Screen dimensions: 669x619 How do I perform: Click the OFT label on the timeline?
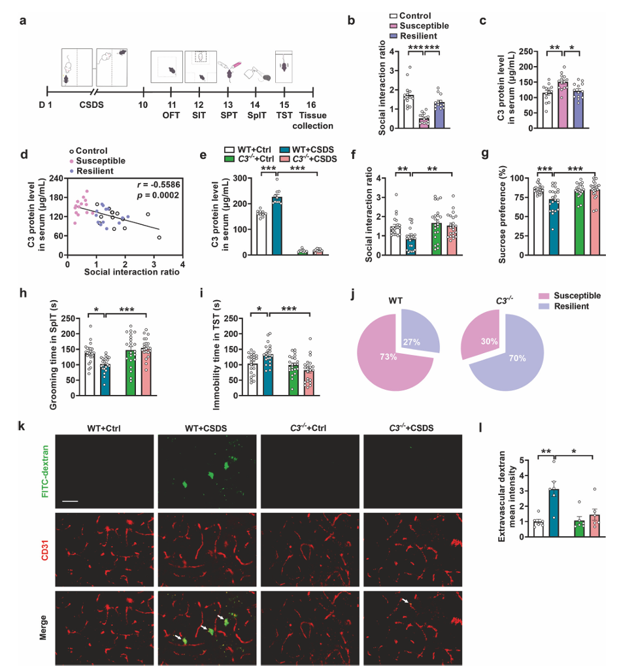click(171, 115)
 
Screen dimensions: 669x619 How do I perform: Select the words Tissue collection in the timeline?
click(317, 120)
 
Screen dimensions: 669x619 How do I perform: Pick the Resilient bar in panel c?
click(577, 109)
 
